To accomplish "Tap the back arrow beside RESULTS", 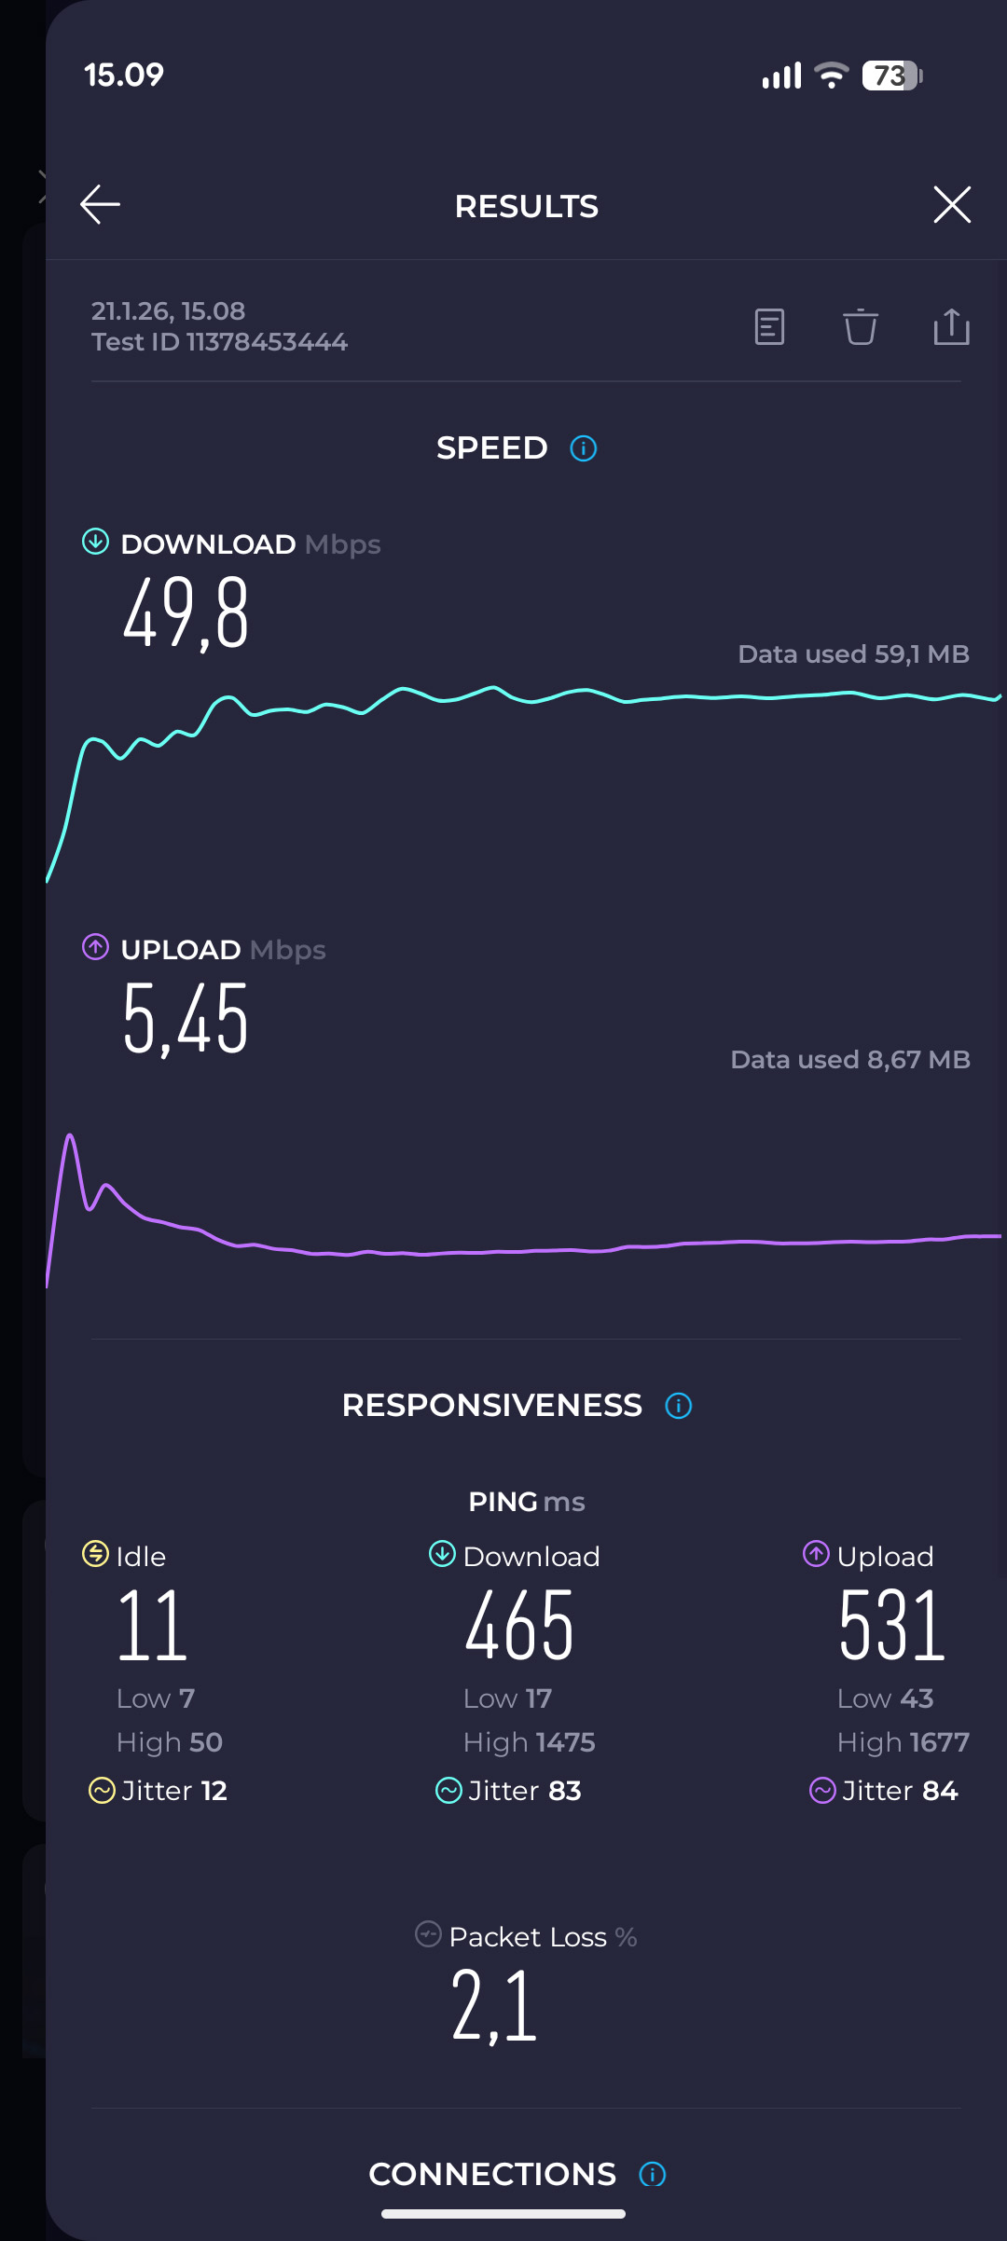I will pyautogui.click(x=100, y=205).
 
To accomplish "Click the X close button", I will pyautogui.click(x=951, y=205).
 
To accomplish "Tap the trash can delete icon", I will pyautogui.click(x=860, y=327).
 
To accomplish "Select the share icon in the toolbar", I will pyautogui.click(x=951, y=327).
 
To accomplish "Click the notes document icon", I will pyautogui.click(x=769, y=327).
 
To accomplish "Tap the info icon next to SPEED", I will pyautogui.click(x=584, y=448).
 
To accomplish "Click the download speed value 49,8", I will pyautogui.click(x=186, y=612).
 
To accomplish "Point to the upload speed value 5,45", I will pyautogui.click(x=186, y=1019).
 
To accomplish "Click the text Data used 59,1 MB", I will pyautogui.click(x=853, y=654).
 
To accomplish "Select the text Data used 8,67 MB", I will pyautogui.click(x=849, y=1060).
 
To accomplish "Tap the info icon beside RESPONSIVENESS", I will pyautogui.click(x=678, y=1406).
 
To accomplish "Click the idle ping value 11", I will pyautogui.click(x=153, y=1627).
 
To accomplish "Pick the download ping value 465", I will pyautogui.click(x=519, y=1627).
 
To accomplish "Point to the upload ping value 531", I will pyautogui.click(x=892, y=1627).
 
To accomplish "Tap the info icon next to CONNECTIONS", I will pyautogui.click(x=652, y=2175).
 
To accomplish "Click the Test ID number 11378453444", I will pyautogui.click(x=267, y=342).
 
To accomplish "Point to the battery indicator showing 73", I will pyautogui.click(x=891, y=76).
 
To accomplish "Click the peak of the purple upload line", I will pyautogui.click(x=70, y=1135).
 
